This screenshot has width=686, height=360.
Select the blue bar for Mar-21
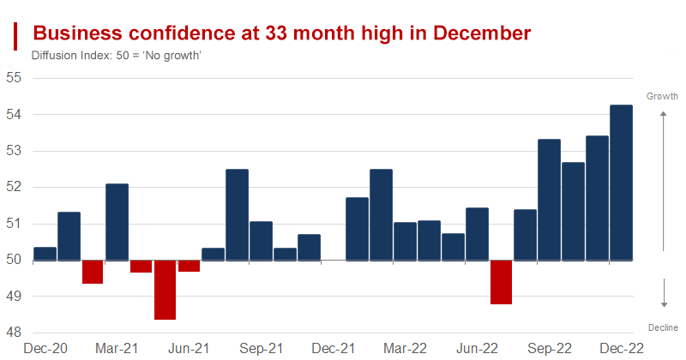pyautogui.click(x=117, y=222)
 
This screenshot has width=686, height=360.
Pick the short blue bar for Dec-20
pyautogui.click(x=45, y=254)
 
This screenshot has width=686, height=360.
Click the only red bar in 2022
pyautogui.click(x=501, y=282)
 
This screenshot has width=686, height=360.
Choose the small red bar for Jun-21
pyautogui.click(x=189, y=266)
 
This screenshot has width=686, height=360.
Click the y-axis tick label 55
pyautogui.click(x=13, y=78)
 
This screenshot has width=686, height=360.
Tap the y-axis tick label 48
pyautogui.click(x=13, y=333)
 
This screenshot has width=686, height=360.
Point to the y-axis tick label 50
pyautogui.click(x=13, y=260)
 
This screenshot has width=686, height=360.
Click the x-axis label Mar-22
pyautogui.click(x=406, y=349)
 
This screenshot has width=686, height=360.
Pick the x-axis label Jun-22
pyautogui.click(x=478, y=349)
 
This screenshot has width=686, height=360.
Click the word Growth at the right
pyautogui.click(x=662, y=96)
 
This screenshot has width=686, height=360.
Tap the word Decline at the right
pyautogui.click(x=663, y=327)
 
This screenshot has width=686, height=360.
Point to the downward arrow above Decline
pyautogui.click(x=663, y=292)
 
